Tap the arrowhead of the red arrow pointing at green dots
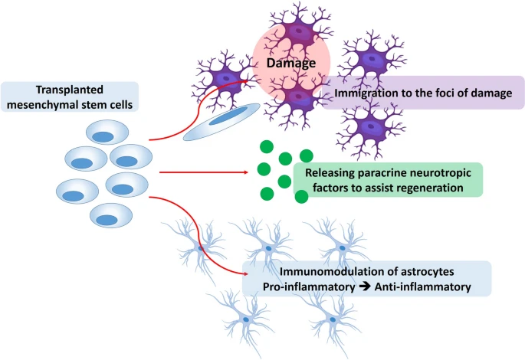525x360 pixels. click(247, 172)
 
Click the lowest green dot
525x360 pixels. click(301, 197)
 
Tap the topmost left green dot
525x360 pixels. click(266, 147)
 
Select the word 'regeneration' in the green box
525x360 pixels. click(430, 187)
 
